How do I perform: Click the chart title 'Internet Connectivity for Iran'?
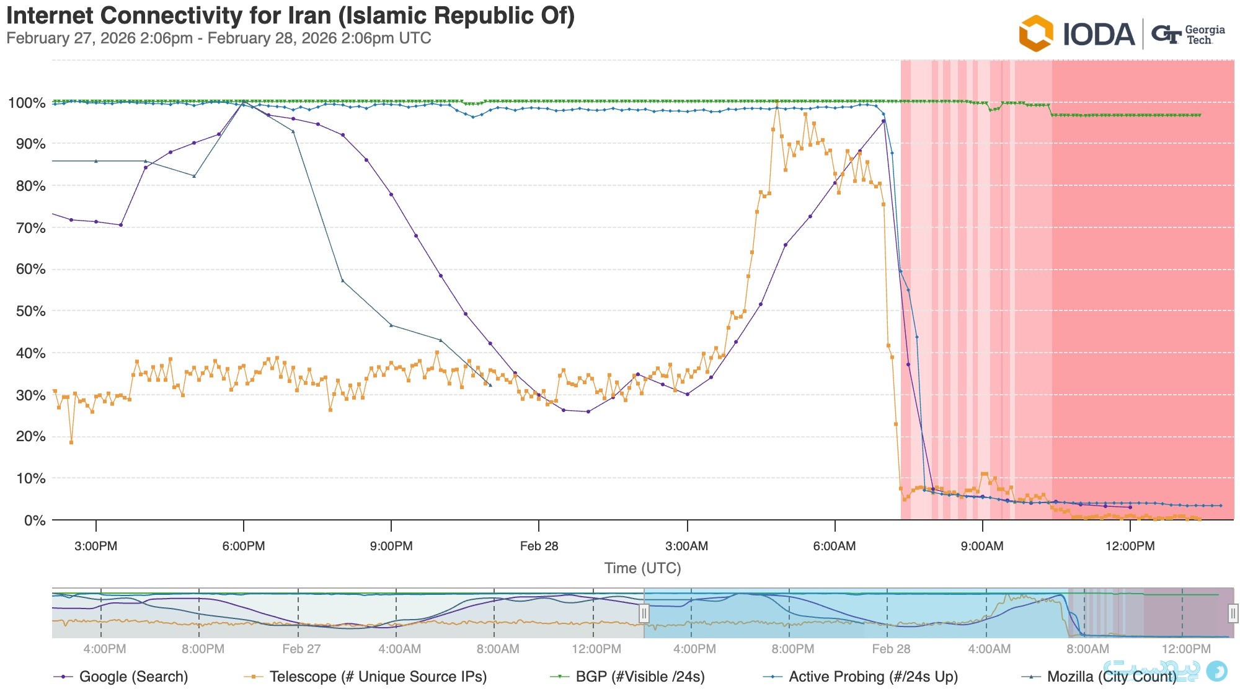[x=290, y=15]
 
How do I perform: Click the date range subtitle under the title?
[x=218, y=38]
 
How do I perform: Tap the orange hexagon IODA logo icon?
[x=1035, y=33]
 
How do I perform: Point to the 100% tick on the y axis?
[x=26, y=103]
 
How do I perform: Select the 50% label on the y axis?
[x=30, y=311]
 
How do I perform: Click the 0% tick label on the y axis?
[x=34, y=520]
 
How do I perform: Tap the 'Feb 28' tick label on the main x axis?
[x=539, y=547]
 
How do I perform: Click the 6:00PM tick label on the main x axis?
[x=244, y=547]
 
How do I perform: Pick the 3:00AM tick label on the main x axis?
[x=687, y=547]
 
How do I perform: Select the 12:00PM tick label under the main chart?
[x=1130, y=547]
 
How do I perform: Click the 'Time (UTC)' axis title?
[x=642, y=568]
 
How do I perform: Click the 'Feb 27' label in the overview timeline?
[x=301, y=649]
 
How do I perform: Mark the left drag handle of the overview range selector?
[x=644, y=613]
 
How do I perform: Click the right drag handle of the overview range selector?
[x=1233, y=613]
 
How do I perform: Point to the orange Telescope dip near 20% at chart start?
[x=71, y=442]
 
